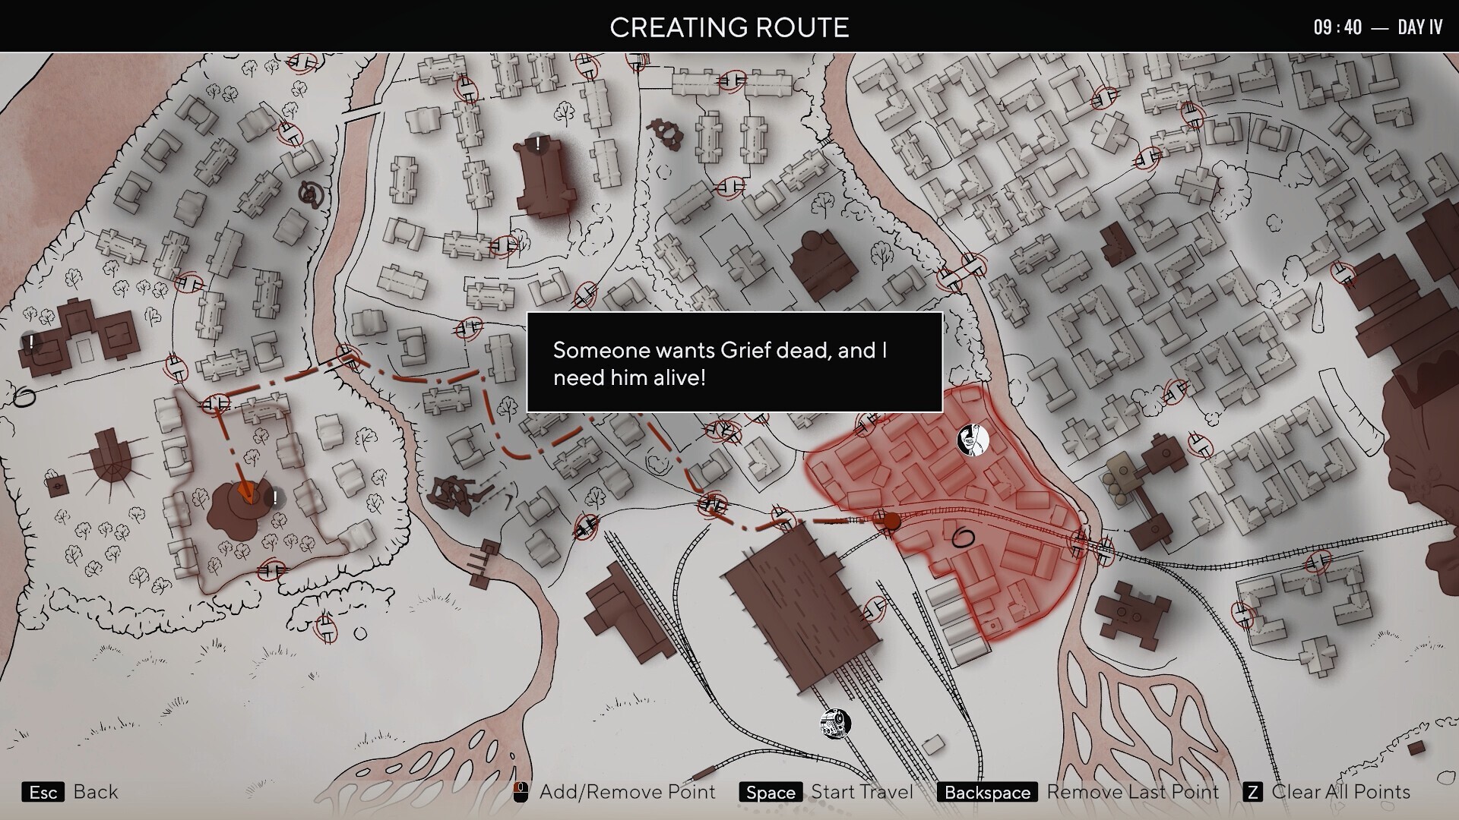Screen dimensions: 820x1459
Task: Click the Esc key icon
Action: click(43, 793)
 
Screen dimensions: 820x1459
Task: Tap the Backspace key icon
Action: click(987, 793)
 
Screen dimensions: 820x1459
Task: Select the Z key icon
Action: click(1252, 793)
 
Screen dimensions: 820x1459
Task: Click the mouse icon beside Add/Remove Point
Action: click(521, 793)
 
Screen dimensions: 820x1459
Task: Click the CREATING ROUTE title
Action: click(729, 27)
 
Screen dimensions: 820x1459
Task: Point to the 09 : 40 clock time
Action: click(1337, 27)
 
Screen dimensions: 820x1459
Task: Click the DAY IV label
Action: click(1419, 27)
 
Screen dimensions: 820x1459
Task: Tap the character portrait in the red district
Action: click(973, 440)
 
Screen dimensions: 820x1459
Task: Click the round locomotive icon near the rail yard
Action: click(835, 724)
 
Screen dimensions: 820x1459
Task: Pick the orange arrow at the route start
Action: click(245, 491)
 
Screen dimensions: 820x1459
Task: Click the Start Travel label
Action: click(862, 792)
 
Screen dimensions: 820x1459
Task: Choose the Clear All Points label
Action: click(1340, 792)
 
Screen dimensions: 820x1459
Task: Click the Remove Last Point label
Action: click(1132, 792)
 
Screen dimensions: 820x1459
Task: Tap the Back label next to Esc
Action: click(96, 792)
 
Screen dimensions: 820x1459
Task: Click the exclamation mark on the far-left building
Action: click(31, 342)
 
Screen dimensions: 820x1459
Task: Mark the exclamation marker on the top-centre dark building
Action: click(538, 143)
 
